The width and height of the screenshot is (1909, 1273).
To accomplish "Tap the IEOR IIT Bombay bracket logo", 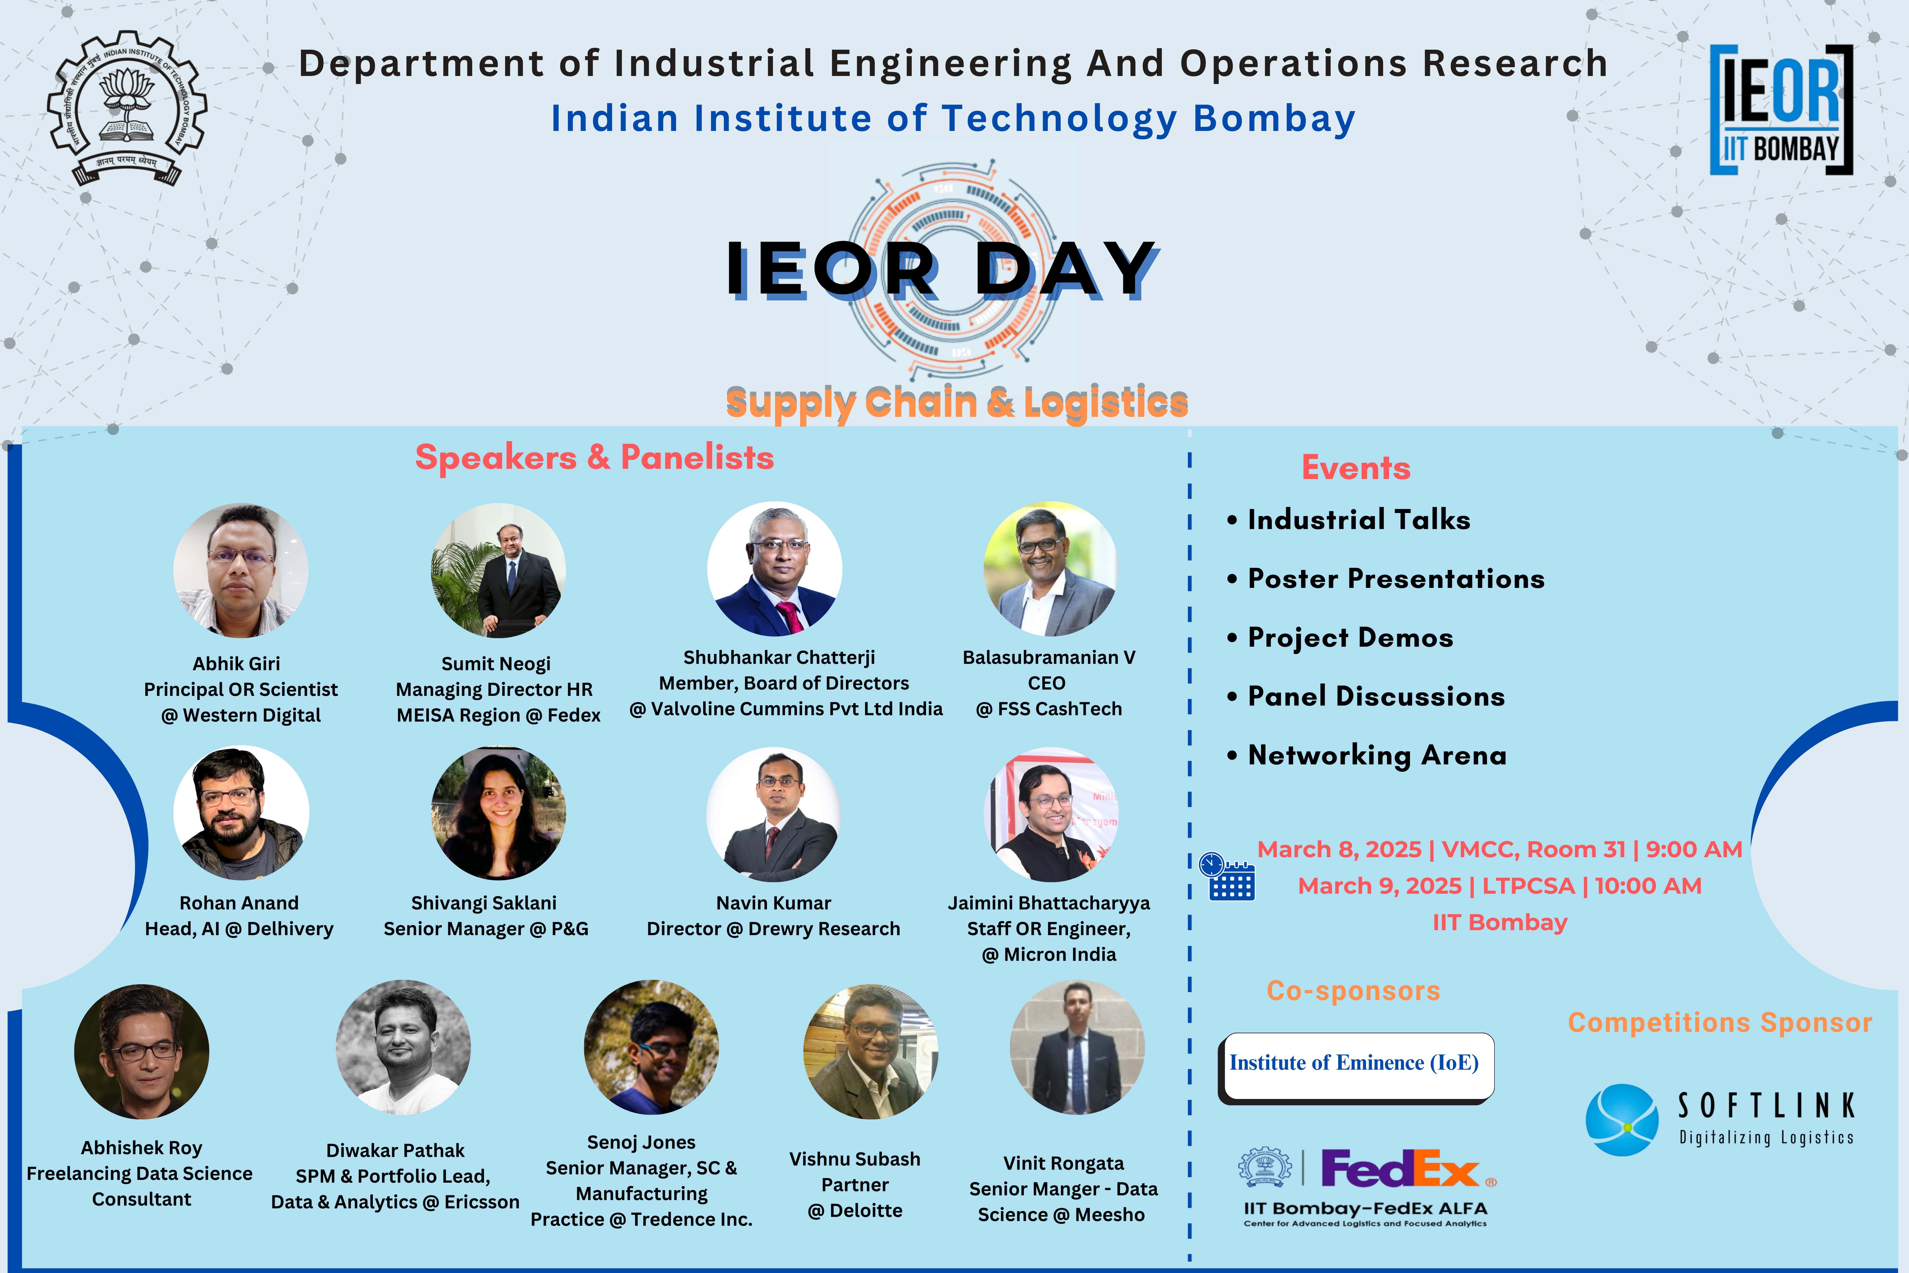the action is point(1782,110).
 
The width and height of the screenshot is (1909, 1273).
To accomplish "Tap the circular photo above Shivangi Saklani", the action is point(498,814).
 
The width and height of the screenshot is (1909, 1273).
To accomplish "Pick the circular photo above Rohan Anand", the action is point(241,814).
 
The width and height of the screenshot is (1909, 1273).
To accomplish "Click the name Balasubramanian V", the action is point(1049,657).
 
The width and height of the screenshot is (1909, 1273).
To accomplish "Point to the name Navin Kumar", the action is point(774,903).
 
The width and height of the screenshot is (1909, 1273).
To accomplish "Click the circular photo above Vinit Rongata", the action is point(1077,1047).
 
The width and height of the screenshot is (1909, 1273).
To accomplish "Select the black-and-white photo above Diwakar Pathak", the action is point(404,1047).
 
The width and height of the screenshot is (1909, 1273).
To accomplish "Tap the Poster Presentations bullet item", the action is point(1386,579).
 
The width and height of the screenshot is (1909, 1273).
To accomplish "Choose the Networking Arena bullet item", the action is point(1367,755).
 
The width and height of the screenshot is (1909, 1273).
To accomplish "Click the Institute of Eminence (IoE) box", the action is point(1356,1067).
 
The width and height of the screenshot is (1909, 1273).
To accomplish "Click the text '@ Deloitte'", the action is point(855,1211).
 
